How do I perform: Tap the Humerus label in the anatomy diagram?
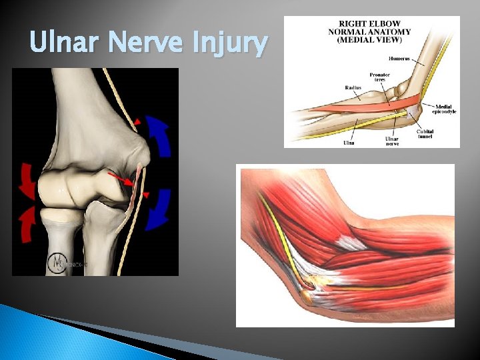(421, 59)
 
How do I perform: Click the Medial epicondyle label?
(443, 109)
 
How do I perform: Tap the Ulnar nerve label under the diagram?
(392, 141)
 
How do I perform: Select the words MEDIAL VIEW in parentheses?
(371, 39)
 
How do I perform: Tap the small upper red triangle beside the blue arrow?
(136, 122)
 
